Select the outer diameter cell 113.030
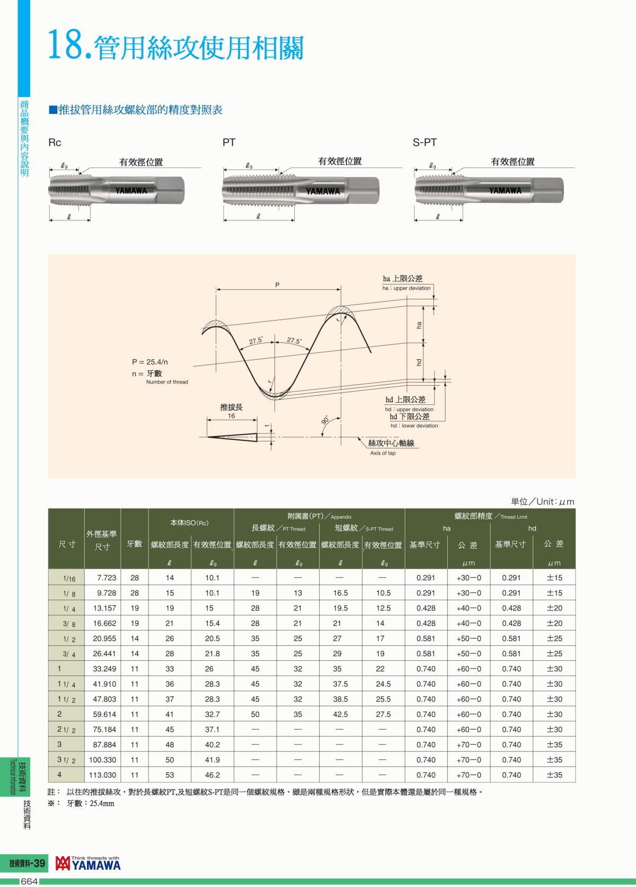click(103, 775)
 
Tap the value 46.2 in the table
click(213, 775)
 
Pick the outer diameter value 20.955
click(104, 638)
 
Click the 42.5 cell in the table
click(340, 714)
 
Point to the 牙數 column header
click(135, 544)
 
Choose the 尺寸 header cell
click(67, 544)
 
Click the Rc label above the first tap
click(55, 143)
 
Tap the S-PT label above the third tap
click(425, 143)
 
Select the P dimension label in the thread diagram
click(277, 285)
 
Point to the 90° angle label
click(325, 420)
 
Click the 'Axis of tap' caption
click(383, 453)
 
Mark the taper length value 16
click(231, 416)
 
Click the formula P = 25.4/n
click(150, 362)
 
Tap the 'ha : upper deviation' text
click(407, 288)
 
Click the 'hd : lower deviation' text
click(414, 425)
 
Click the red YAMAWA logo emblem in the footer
click(63, 864)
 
